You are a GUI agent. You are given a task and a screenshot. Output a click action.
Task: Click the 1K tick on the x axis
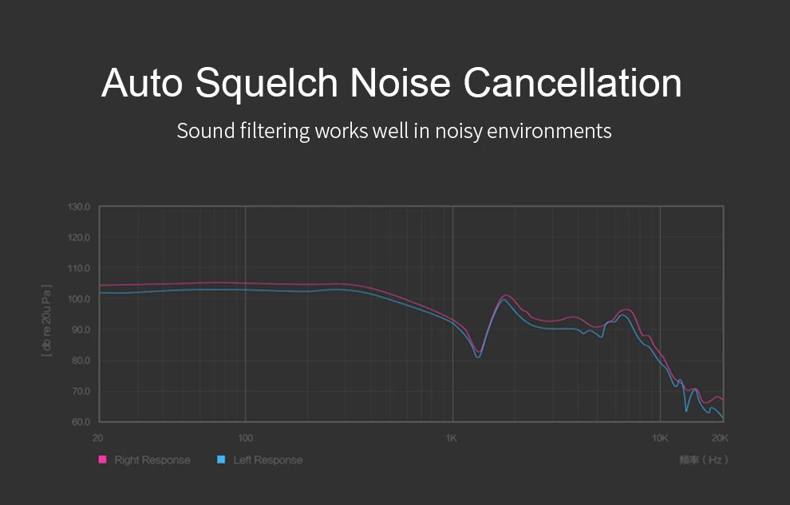tap(451, 438)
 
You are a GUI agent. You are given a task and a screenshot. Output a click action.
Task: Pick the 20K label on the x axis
tap(720, 438)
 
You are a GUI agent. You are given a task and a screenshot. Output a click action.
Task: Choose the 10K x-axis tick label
tap(659, 438)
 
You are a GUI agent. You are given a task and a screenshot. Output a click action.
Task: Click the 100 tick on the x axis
tap(245, 438)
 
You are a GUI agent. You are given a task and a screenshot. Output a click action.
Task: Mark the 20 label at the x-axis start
tap(98, 438)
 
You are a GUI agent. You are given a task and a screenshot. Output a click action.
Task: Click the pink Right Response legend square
tap(102, 460)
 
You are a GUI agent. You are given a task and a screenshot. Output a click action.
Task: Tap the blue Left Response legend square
tap(221, 460)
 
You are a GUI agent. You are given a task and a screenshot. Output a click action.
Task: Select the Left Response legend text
tap(268, 460)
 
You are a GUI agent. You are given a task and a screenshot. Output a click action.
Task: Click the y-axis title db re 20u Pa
tap(47, 320)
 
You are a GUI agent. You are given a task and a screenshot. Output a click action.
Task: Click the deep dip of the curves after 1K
tap(478, 354)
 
